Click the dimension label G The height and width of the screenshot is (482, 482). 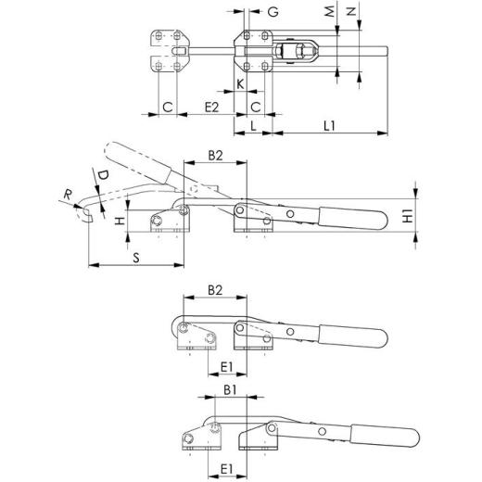pos(273,13)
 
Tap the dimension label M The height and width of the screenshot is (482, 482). pos(330,12)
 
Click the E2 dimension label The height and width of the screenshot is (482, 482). pos(210,108)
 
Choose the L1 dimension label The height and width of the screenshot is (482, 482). pos(331,125)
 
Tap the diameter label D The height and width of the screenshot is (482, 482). pos(103,174)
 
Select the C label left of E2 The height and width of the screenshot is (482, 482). pos(167,108)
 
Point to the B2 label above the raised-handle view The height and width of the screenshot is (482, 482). pos(214,155)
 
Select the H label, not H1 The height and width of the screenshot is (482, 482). pos(118,222)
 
